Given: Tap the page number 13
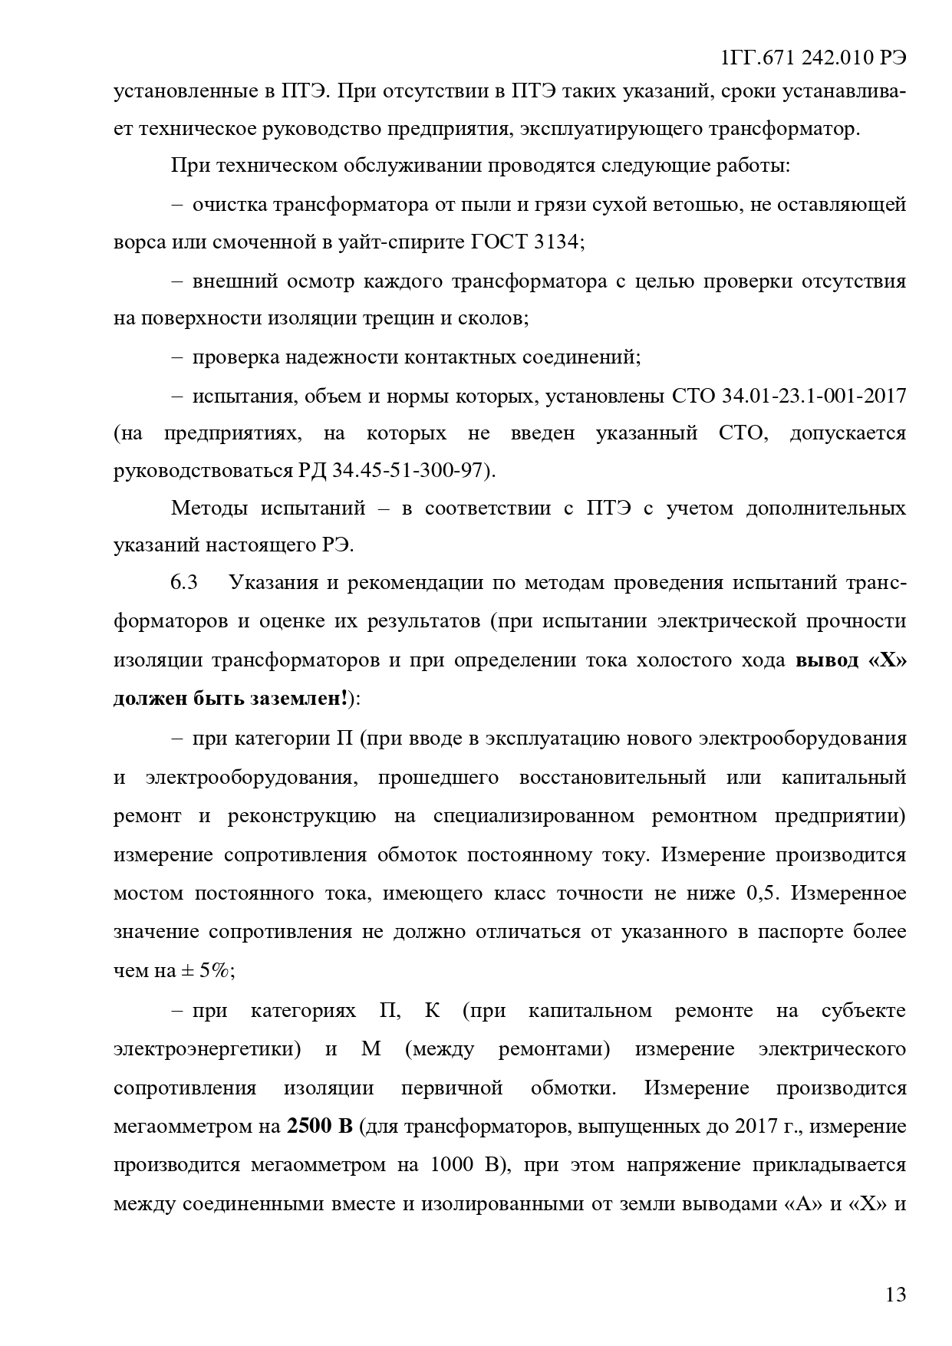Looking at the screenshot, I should click(895, 1295).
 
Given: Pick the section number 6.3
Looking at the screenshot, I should click(184, 582).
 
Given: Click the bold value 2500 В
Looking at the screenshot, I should click(319, 1127).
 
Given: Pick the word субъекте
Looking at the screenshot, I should click(864, 1011).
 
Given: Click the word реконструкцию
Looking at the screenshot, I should click(301, 815).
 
